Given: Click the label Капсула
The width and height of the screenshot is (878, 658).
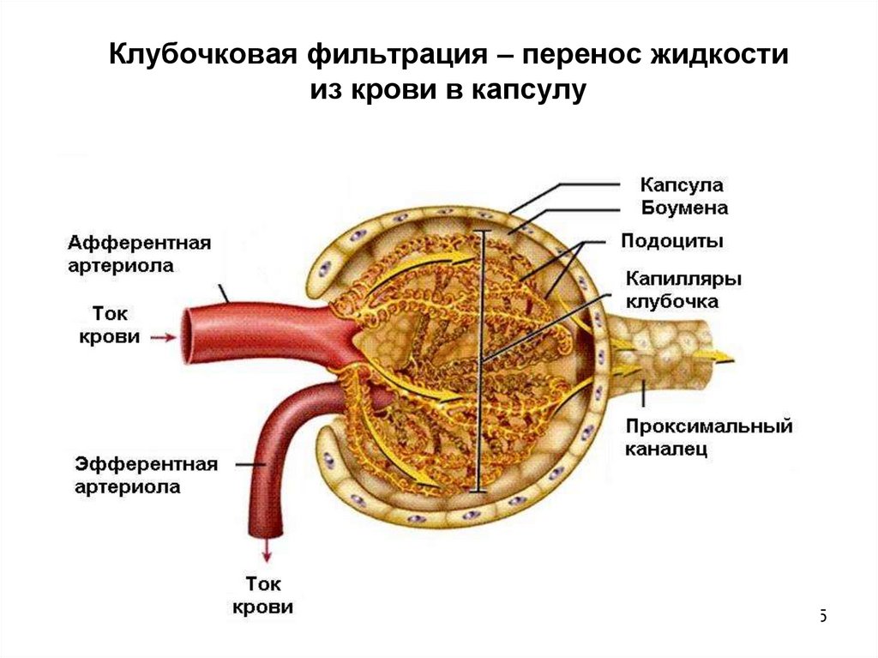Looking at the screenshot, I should pyautogui.click(x=683, y=185).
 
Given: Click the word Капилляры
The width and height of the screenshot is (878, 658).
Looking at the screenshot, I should pyautogui.click(x=683, y=279).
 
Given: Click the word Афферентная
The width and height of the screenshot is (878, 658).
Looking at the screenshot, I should pyautogui.click(x=140, y=242).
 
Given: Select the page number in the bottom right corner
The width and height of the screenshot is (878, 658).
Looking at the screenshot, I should pyautogui.click(x=821, y=614).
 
